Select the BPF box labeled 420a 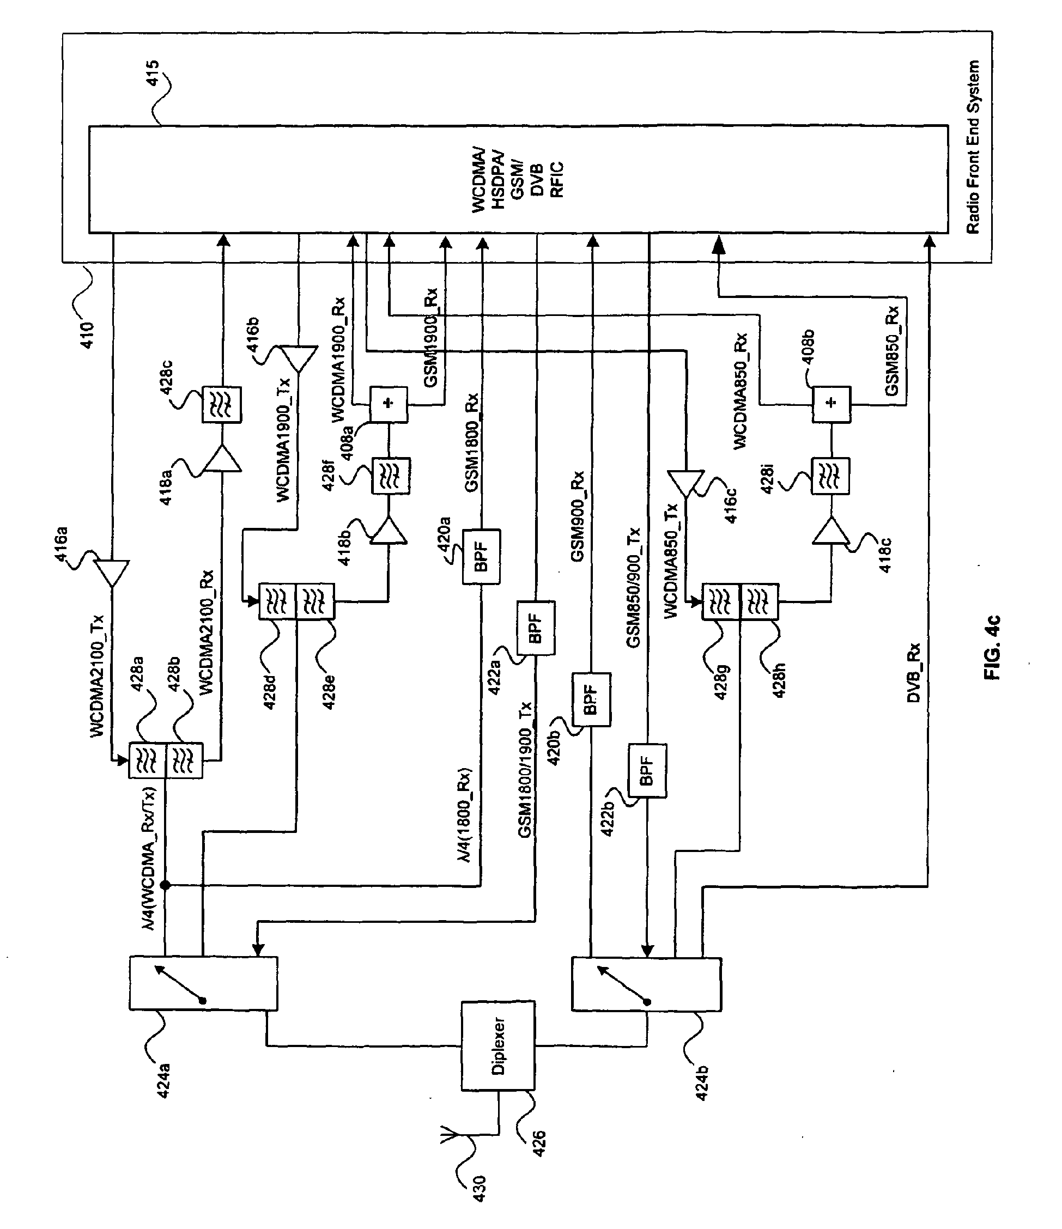click(x=481, y=556)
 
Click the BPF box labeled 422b click(x=647, y=771)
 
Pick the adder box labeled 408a click(x=389, y=404)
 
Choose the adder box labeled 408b click(x=831, y=404)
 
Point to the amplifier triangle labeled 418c click(x=830, y=532)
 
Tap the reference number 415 click(x=152, y=73)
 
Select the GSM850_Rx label click(x=892, y=350)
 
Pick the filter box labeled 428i click(x=830, y=476)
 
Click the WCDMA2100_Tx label click(x=98, y=676)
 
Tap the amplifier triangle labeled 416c click(x=685, y=483)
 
